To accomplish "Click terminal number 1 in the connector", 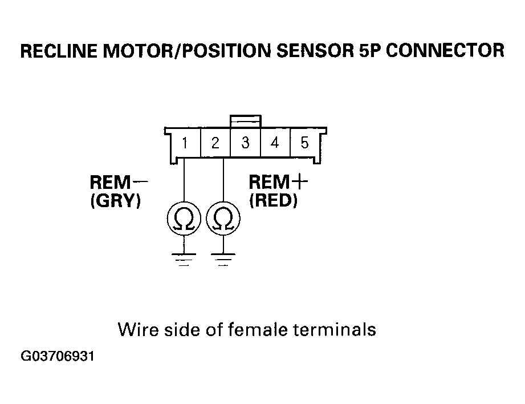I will [185, 143].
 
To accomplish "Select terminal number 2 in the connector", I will [215, 143].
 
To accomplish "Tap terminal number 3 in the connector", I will [245, 143].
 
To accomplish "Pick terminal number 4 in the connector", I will [275, 143].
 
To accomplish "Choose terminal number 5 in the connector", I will [305, 143].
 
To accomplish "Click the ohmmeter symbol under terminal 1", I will [184, 220].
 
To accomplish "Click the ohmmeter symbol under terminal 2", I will [223, 220].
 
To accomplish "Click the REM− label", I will [119, 183].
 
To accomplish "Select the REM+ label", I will [278, 183].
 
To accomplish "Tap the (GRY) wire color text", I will [116, 201].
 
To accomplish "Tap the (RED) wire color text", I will [273, 201].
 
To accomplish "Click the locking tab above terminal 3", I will [245, 121].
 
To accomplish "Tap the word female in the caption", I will [262, 329].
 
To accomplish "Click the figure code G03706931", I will [58, 357].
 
